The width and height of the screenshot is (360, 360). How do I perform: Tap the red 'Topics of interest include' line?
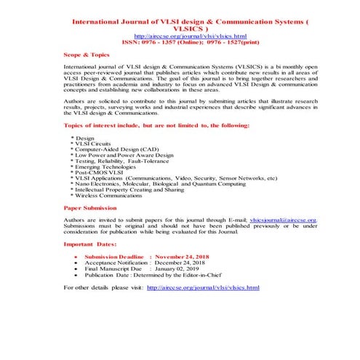tap(156, 125)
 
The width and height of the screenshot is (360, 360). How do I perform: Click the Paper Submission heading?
tap(90, 207)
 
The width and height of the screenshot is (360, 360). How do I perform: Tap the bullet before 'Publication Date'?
tap(76, 276)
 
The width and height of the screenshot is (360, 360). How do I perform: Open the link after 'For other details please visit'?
tap(203, 288)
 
